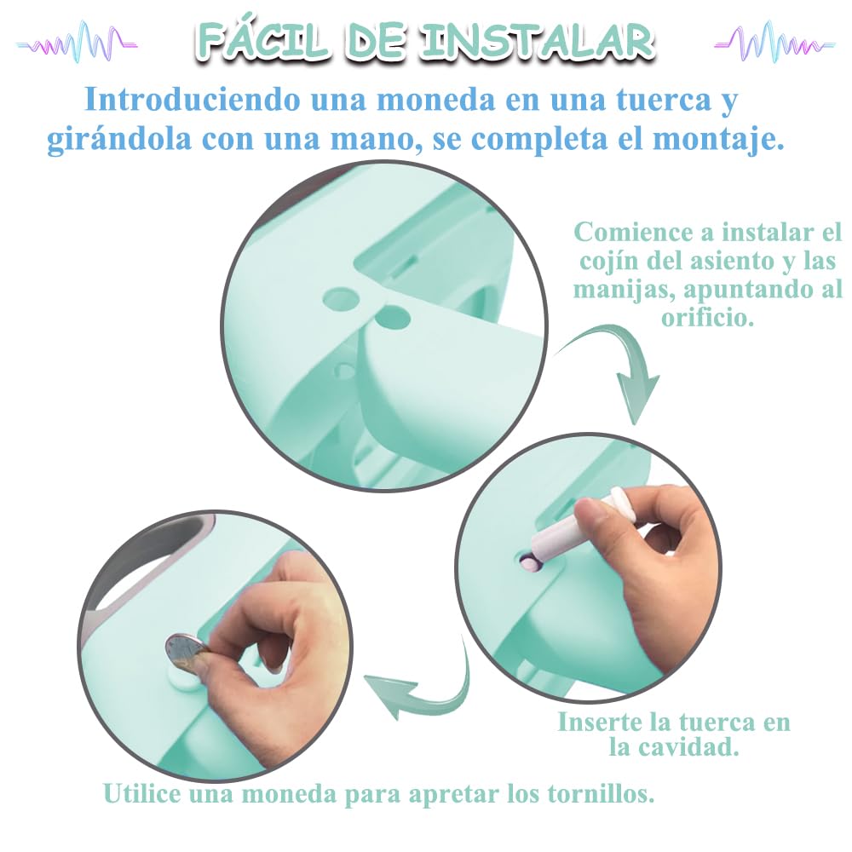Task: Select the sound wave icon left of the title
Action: [77, 43]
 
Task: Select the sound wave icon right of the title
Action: [774, 43]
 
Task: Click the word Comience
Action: [633, 233]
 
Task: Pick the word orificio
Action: [707, 317]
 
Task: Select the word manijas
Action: [624, 290]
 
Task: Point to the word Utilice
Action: [142, 793]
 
